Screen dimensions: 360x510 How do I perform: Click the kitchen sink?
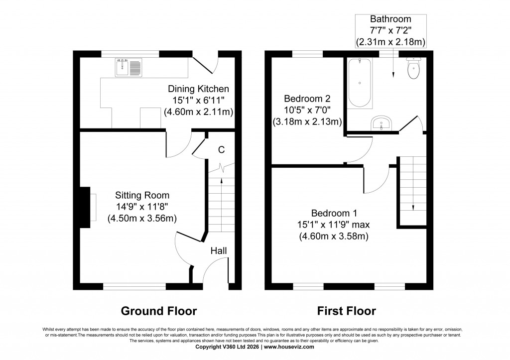(x=128, y=67)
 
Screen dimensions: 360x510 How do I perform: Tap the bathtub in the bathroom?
(x=360, y=83)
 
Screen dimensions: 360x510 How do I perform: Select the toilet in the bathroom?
(x=414, y=69)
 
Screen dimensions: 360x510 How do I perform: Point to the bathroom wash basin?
(x=382, y=122)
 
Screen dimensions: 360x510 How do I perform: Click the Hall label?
(x=219, y=250)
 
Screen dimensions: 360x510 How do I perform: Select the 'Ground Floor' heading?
(x=159, y=311)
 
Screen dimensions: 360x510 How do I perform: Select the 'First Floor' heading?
(x=347, y=311)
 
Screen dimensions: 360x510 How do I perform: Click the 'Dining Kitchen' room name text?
(x=198, y=89)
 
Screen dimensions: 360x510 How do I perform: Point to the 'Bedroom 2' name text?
(x=306, y=99)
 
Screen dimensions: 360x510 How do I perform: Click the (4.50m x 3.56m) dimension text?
(x=142, y=218)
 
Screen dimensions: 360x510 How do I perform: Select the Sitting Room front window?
(x=134, y=286)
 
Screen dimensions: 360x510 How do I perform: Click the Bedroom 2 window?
(x=307, y=53)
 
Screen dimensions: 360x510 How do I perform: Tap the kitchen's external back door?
(x=205, y=64)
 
